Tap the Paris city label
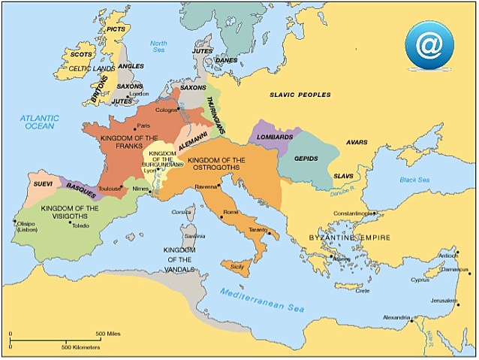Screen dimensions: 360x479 click(144, 126)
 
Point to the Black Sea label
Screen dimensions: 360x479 click(414, 180)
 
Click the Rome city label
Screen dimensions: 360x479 click(230, 212)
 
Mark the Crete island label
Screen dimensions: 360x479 click(363, 290)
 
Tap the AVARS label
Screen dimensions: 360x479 click(357, 142)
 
